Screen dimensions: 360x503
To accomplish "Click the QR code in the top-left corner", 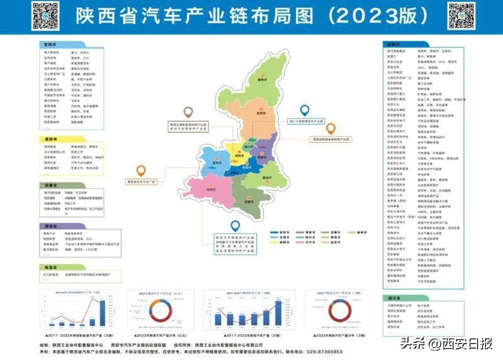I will pos(43,15).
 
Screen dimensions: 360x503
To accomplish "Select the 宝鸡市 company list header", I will pos(51,45).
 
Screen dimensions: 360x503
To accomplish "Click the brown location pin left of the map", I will pos(141,170).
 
